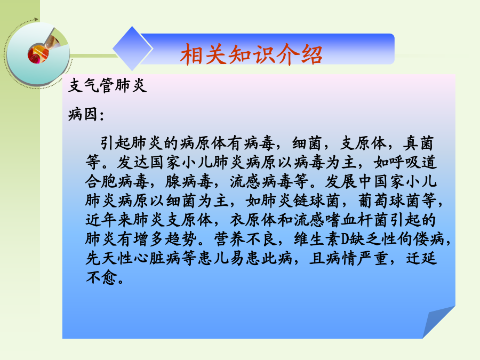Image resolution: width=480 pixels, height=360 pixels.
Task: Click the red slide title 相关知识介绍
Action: click(x=251, y=54)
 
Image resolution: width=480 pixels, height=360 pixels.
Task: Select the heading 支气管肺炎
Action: click(x=107, y=85)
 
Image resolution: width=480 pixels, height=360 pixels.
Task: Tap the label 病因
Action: click(x=83, y=114)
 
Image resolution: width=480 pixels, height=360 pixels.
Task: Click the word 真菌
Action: click(x=419, y=143)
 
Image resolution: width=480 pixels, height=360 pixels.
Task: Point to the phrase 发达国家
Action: click(x=150, y=162)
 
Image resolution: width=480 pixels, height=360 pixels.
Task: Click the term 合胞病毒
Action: click(x=117, y=181)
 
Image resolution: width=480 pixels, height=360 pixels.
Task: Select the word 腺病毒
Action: click(x=189, y=181)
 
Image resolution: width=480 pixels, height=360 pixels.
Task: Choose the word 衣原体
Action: click(x=253, y=220)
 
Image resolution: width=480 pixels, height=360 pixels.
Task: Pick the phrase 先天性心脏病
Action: click(x=133, y=259)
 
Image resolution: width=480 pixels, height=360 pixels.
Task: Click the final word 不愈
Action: click(x=101, y=278)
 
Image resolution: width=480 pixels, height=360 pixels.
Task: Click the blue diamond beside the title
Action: click(x=133, y=49)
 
